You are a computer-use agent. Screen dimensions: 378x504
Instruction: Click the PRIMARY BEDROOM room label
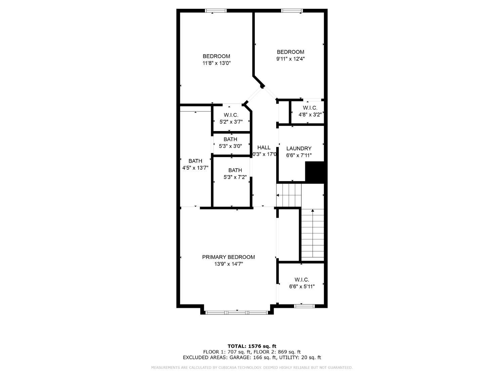(228, 257)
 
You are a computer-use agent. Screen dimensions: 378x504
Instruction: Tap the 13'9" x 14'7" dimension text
(228, 264)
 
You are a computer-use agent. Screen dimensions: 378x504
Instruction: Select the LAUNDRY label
(299, 149)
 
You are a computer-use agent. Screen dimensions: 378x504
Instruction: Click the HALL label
(264, 148)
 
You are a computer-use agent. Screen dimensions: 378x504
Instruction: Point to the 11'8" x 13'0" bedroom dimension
(216, 63)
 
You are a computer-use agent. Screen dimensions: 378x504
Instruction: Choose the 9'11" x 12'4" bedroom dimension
(290, 59)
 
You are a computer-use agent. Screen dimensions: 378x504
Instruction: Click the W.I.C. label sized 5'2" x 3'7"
(231, 115)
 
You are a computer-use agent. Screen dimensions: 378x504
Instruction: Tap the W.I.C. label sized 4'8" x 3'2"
(310, 108)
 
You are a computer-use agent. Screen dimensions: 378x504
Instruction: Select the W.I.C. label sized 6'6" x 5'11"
(302, 280)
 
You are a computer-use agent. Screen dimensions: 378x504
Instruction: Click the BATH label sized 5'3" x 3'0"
(230, 139)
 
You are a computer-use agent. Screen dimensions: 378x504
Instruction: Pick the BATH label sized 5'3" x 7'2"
(235, 170)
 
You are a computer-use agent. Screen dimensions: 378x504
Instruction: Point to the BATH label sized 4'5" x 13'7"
(195, 161)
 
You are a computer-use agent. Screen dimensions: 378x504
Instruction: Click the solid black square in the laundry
(314, 172)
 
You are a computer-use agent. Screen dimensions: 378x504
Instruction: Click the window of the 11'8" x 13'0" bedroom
(216, 11)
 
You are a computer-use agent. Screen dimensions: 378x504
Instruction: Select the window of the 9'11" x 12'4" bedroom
(292, 11)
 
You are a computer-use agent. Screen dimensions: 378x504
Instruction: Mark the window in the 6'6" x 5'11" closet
(304, 306)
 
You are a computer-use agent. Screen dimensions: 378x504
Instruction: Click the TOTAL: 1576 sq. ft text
(252, 346)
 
